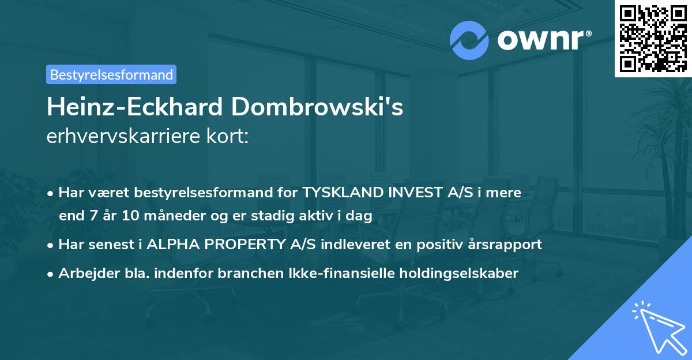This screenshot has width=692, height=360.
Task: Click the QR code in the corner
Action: pyautogui.click(x=653, y=38)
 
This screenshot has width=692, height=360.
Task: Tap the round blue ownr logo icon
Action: pyautogui.click(x=469, y=40)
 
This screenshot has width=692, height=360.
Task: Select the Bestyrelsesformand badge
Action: pyautogui.click(x=111, y=74)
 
